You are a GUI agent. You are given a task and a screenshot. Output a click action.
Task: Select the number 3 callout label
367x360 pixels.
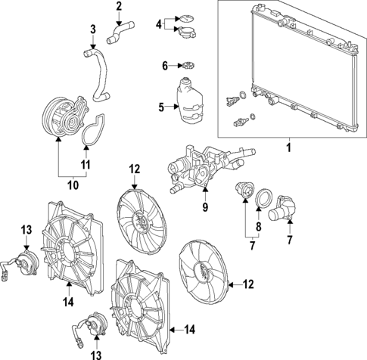tap(92, 29)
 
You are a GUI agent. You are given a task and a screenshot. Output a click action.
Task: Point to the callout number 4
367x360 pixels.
tap(158, 24)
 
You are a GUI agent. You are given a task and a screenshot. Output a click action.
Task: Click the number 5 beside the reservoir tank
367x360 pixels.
tap(161, 107)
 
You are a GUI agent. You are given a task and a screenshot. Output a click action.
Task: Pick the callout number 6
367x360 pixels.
tap(165, 66)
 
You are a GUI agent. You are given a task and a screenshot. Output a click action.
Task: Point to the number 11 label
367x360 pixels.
tap(85, 163)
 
